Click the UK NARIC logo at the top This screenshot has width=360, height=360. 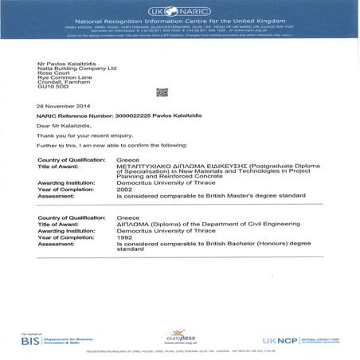point(180,13)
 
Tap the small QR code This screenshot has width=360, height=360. point(162,92)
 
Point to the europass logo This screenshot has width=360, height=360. point(182,338)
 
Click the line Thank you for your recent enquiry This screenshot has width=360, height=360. point(80,136)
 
